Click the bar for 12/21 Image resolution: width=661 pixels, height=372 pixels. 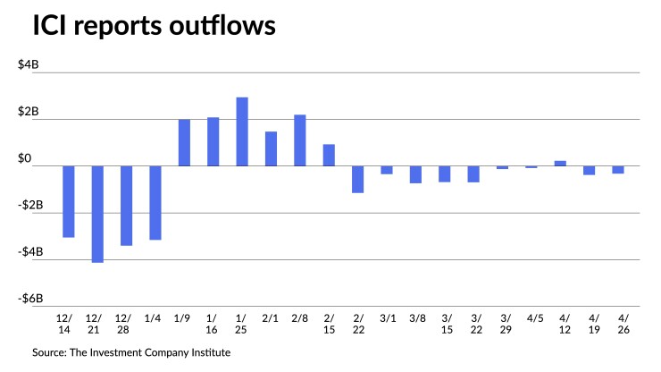point(97,214)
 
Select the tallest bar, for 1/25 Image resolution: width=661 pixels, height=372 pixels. point(242,131)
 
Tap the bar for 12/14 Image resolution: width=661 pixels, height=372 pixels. point(69,201)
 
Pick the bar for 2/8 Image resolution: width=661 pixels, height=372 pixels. point(300,140)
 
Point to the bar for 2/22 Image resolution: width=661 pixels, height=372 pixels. point(358,179)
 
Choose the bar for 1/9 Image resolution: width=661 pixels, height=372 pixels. point(184,142)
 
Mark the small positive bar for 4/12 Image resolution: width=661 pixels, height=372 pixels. point(560,163)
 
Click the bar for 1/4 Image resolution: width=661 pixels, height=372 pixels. point(155,202)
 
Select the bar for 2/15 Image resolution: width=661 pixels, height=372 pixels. point(329,155)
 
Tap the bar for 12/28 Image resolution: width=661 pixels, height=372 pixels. point(126,205)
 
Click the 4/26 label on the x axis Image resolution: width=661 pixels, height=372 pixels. point(618,324)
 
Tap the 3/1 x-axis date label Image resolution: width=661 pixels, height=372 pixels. point(387,317)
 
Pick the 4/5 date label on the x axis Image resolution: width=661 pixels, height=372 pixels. point(531,317)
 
